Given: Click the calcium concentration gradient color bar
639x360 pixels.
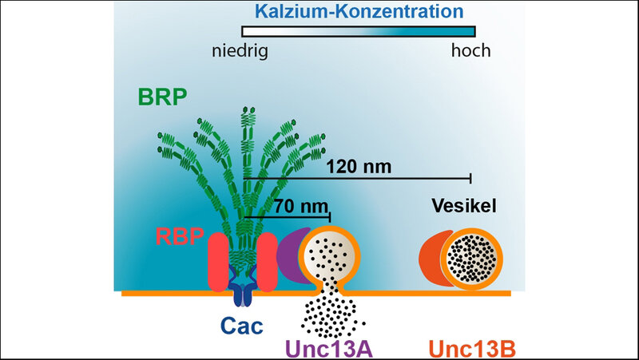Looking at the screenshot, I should point(359,31).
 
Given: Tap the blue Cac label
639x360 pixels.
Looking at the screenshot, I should point(244,328).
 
